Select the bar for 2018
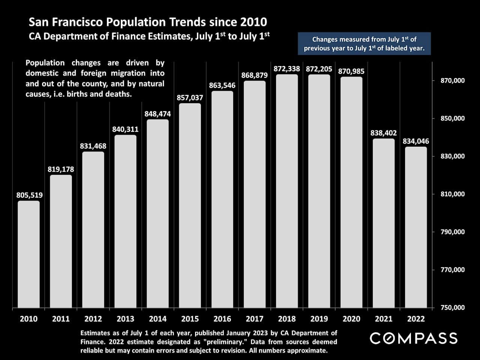tap(287, 191)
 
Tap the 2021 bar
tap(384, 223)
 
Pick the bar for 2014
tap(157, 214)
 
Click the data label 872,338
tap(287, 69)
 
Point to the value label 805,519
tap(29, 195)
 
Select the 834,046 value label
tap(416, 141)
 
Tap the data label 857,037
tap(190, 97)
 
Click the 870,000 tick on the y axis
tap(453, 80)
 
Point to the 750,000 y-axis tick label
tap(453, 307)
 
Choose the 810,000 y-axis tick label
tap(453, 194)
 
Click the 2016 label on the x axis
tap(222, 319)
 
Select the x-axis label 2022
tap(416, 319)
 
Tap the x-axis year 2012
tap(93, 319)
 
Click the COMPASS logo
tap(414, 338)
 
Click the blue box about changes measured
tap(364, 43)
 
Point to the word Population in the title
tap(136, 22)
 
